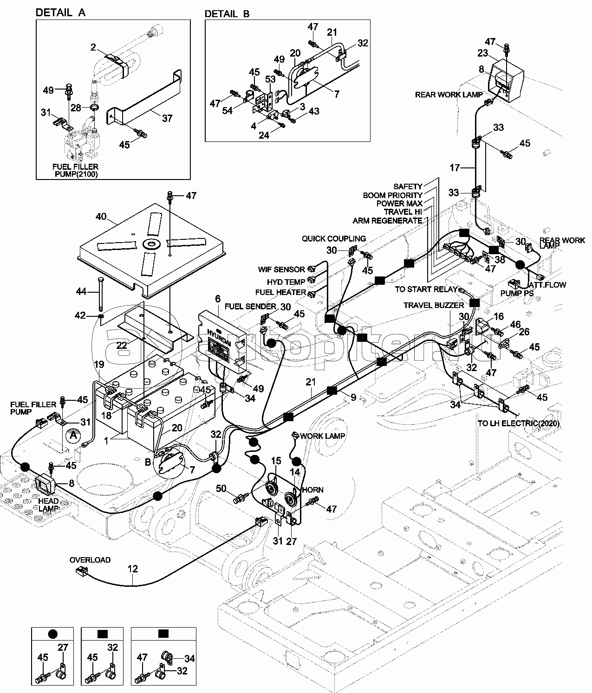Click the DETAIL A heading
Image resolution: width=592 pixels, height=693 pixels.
click(x=60, y=13)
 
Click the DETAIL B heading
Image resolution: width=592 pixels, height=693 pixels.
click(x=227, y=14)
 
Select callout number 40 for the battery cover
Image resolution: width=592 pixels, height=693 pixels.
click(x=101, y=216)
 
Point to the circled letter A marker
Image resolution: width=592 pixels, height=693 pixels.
click(x=72, y=436)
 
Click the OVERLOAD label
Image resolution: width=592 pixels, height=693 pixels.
click(x=90, y=560)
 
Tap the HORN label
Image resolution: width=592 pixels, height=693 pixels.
click(x=312, y=490)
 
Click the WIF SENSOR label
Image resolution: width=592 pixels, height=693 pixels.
click(x=281, y=269)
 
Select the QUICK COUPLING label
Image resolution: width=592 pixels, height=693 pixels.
click(x=333, y=238)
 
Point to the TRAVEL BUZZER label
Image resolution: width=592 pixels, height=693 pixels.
click(x=433, y=305)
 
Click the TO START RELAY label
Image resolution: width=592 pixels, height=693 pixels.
click(x=426, y=289)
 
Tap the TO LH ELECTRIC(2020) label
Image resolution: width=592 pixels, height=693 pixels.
click(x=518, y=423)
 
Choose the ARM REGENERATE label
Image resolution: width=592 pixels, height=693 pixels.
click(x=387, y=220)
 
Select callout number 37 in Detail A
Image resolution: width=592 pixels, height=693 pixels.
click(x=167, y=118)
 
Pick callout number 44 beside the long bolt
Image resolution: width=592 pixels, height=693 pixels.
click(x=82, y=291)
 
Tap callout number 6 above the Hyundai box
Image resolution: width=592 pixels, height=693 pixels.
click(x=218, y=299)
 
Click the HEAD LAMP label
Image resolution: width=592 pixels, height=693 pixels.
click(x=48, y=505)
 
